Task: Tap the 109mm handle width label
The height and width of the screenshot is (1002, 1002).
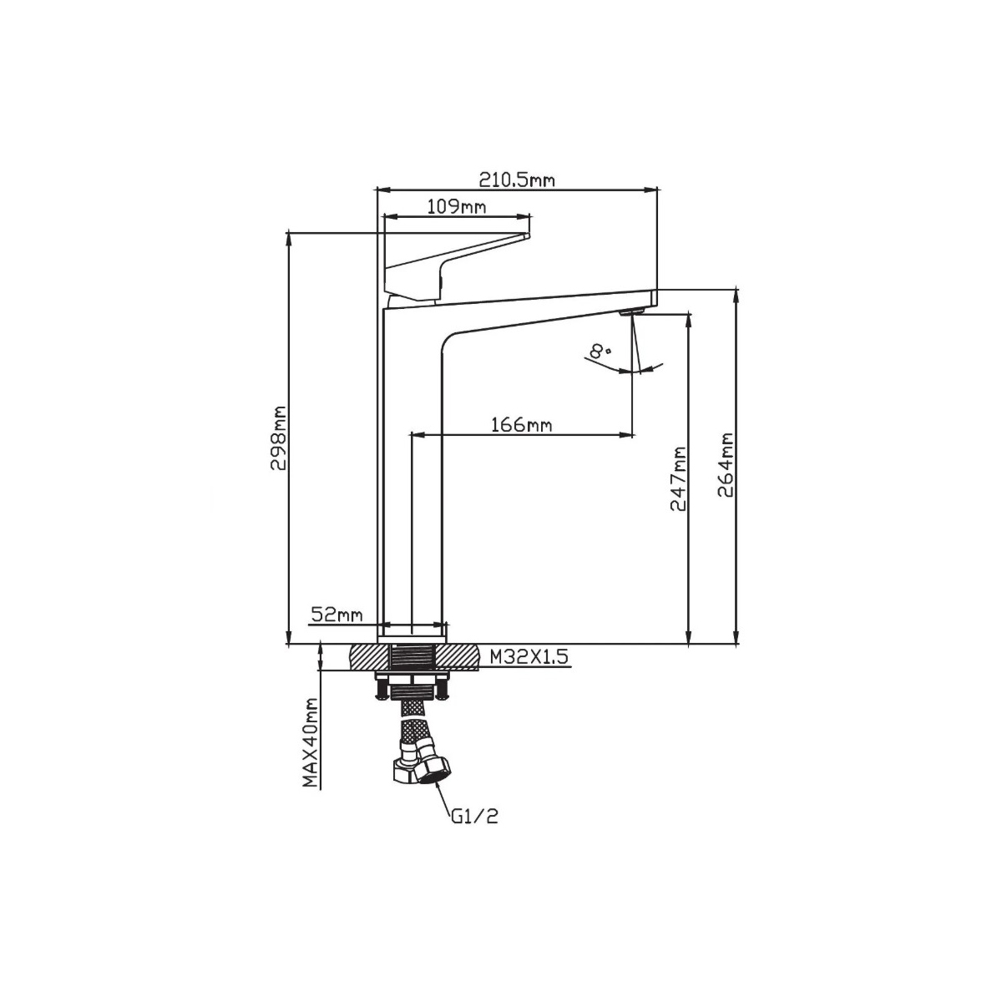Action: tap(456, 206)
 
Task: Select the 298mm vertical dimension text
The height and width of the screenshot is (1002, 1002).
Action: tap(278, 439)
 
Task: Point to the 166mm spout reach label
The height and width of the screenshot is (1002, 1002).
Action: tap(522, 425)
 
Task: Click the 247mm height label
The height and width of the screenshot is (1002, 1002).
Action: tap(677, 478)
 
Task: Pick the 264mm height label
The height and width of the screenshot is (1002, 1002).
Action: tap(725, 464)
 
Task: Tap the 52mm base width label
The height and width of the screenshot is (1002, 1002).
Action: tap(337, 615)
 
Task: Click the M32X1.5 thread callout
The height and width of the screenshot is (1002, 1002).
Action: tap(528, 658)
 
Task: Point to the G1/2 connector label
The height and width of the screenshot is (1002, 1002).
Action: tap(474, 816)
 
